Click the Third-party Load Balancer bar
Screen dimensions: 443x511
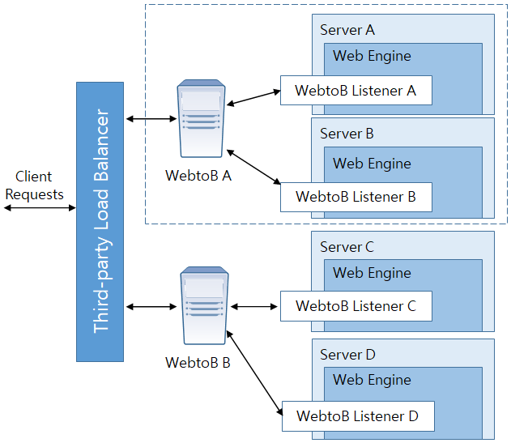(100, 221)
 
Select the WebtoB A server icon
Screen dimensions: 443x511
(201, 118)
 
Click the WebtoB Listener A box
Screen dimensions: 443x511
(356, 91)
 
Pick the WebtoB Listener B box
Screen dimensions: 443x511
(356, 197)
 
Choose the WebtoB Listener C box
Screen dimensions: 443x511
(356, 306)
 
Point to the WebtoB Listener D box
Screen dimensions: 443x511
(357, 416)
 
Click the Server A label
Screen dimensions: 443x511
(347, 30)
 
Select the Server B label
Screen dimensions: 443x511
(347, 134)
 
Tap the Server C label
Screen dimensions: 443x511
(347, 246)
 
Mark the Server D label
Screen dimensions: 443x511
(347, 355)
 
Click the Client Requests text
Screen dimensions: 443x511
(33, 185)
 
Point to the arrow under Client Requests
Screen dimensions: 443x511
(38, 208)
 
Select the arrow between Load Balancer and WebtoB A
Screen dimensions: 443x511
(151, 120)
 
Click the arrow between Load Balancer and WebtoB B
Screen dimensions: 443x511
(151, 307)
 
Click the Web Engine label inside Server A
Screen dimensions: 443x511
(372, 57)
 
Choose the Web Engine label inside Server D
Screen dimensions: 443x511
(372, 380)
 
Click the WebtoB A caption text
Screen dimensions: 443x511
(198, 175)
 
